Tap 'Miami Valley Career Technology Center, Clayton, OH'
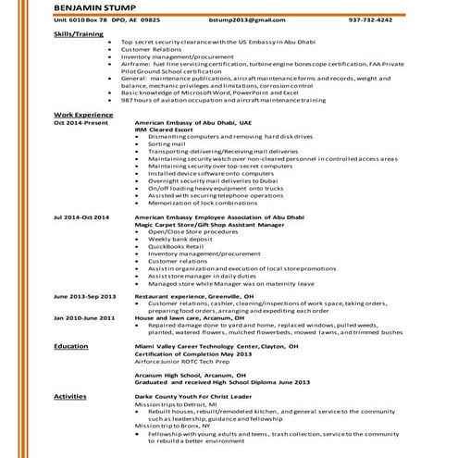pos(223,345)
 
